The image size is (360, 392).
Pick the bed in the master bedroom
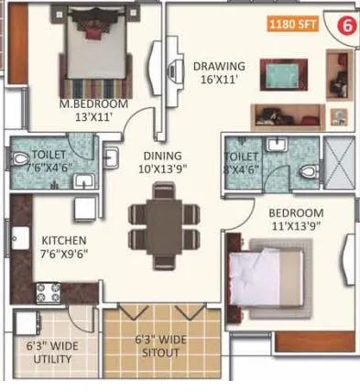pos(91,55)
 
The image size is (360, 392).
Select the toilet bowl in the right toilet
pos(308,170)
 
